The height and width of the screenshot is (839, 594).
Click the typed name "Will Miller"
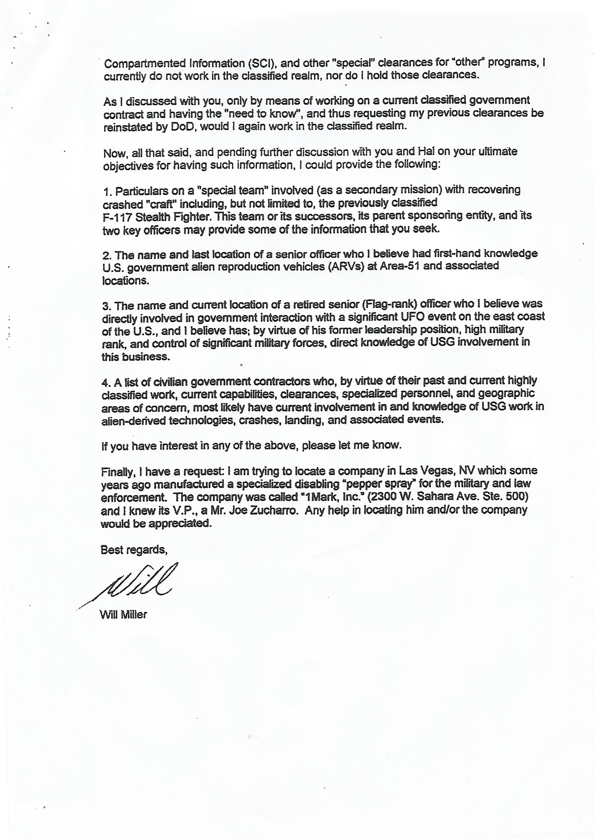[x=123, y=615]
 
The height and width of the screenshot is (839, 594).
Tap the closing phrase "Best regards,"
[x=134, y=550]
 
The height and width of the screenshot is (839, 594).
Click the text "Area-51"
[x=399, y=266]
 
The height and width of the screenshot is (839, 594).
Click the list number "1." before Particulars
[x=107, y=192]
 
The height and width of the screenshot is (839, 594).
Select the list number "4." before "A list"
[x=106, y=383]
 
